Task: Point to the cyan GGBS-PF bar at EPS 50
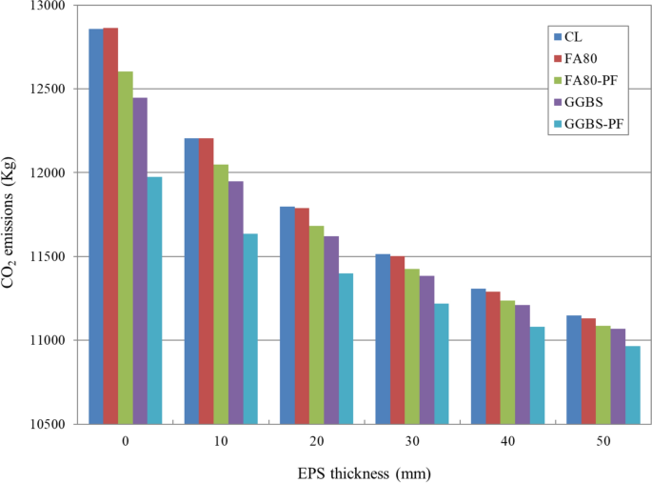pyautogui.click(x=632, y=385)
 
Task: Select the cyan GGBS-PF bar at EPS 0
pyautogui.click(x=154, y=300)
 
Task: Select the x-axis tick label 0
pyautogui.click(x=126, y=442)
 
